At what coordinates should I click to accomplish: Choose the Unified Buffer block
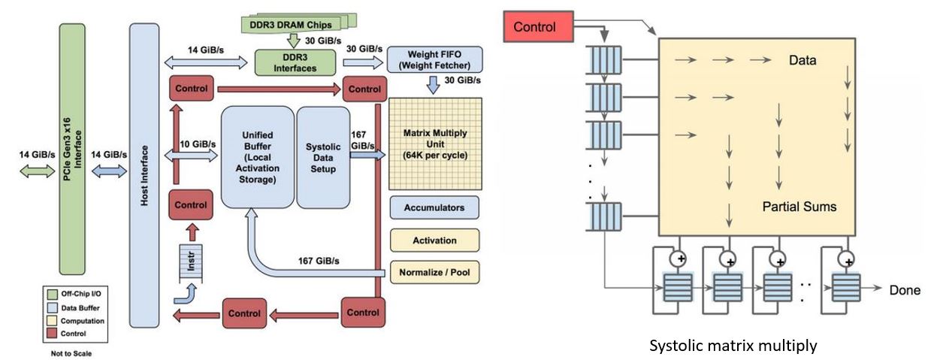tap(256, 158)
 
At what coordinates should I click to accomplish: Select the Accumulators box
tap(434, 207)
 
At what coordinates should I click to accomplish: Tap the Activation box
tap(434, 241)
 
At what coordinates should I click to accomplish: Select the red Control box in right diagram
tap(534, 27)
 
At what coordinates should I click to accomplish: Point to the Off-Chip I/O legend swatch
tap(51, 295)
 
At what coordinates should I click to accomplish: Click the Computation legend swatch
tap(51, 321)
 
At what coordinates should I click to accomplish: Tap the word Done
tap(905, 289)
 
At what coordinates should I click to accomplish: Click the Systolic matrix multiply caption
tap(733, 346)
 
